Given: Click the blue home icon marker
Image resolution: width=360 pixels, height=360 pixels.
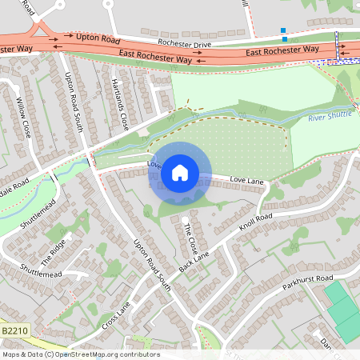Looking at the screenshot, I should click(180, 172).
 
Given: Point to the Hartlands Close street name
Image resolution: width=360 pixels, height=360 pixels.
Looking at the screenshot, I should click(119, 105).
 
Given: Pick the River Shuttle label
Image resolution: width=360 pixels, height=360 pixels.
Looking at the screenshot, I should click(330, 118).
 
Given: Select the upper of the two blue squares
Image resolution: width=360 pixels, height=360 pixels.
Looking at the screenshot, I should click(283, 30).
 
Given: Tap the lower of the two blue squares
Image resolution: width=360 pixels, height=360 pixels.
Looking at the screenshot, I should click(285, 38).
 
